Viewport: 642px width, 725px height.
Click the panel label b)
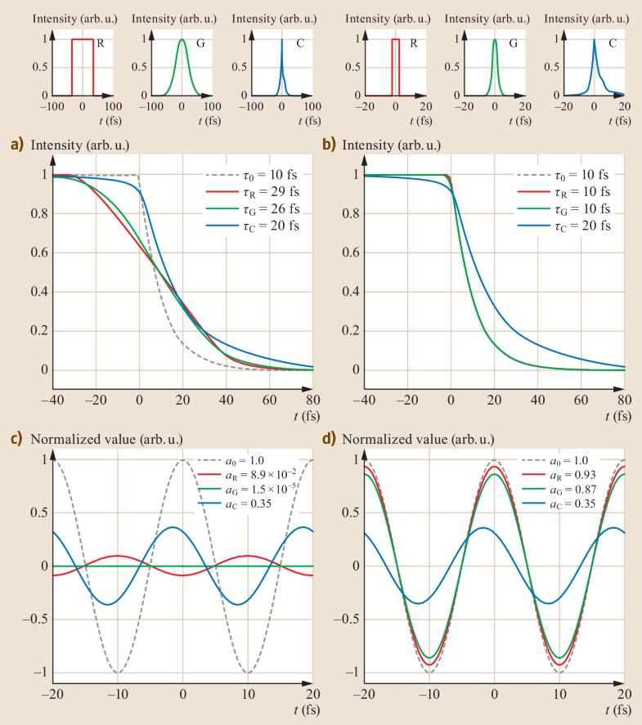(329, 145)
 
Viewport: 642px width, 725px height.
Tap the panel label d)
(329, 437)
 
